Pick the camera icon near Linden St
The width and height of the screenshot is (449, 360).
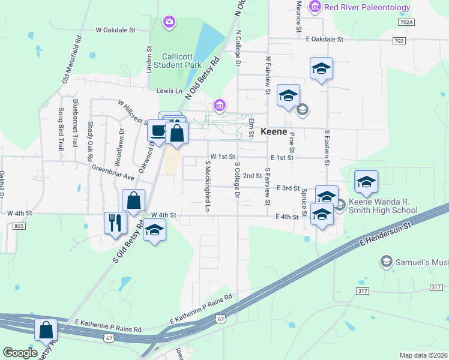pos(169,22)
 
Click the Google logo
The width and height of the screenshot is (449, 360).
pos(20,353)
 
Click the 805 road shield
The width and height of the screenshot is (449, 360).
pos(19,226)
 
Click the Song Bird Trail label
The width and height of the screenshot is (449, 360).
pos(61,128)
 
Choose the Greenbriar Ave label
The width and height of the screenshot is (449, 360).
pos(113,173)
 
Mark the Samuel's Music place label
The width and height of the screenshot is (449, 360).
pos(421,262)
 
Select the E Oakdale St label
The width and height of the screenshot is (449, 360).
pos(324,39)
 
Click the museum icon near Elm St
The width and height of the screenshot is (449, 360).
pos(220,106)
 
